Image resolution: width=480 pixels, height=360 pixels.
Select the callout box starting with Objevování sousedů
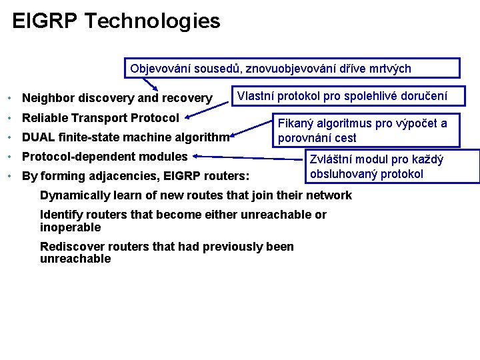tap(293, 69)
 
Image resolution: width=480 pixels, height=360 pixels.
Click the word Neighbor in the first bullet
tap(47, 99)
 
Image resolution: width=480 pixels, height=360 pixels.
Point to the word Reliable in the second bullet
tap(45, 118)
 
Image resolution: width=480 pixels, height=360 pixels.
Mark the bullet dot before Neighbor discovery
tap(9, 99)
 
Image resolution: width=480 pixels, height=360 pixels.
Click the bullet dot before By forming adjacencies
tap(9, 177)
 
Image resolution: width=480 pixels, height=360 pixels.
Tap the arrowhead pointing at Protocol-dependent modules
tap(197, 157)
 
